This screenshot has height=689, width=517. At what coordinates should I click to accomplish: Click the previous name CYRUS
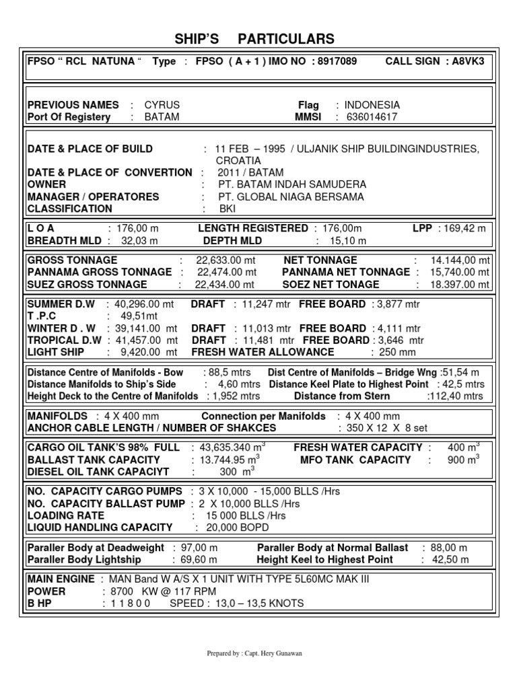163,105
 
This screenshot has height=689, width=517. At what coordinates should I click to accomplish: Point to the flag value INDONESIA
372,105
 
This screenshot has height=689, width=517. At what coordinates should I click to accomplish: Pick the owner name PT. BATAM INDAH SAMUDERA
292,184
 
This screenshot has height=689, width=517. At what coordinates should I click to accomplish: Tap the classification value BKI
228,209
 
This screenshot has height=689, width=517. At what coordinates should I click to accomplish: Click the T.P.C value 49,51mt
139,316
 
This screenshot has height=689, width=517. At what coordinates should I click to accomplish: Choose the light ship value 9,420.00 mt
149,352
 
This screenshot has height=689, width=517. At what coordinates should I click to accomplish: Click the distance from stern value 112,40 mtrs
456,396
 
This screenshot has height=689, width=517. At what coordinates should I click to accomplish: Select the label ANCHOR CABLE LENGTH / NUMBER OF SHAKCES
151,428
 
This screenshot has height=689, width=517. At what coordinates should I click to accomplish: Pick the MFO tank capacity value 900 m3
463,460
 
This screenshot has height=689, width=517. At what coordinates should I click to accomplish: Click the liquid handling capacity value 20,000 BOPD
233,528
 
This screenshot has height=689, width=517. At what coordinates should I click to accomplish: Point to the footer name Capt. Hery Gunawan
270,653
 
